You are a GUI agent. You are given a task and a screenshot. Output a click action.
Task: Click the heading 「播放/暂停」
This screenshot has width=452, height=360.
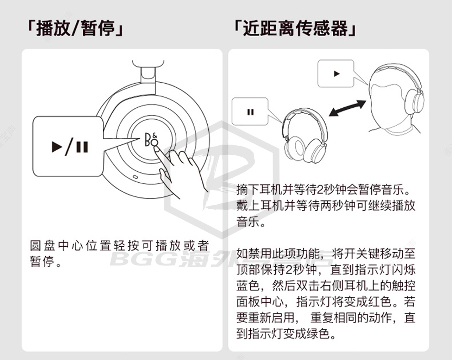pyautogui.click(x=75, y=28)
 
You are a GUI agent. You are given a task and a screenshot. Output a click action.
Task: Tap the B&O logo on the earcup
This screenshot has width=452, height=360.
pyautogui.click(x=151, y=140)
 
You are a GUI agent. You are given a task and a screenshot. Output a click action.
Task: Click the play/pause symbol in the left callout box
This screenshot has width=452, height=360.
pyautogui.click(x=70, y=147)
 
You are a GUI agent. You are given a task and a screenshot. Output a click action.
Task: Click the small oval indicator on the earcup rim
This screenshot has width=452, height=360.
pyautogui.click(x=135, y=176)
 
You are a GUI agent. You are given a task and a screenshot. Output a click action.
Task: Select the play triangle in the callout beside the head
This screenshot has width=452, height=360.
pyautogui.click(x=336, y=74)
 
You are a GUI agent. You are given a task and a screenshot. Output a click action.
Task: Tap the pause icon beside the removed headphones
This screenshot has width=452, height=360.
pyautogui.click(x=251, y=112)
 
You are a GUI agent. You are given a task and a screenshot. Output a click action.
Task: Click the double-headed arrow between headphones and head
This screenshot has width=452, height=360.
pyautogui.click(x=347, y=108)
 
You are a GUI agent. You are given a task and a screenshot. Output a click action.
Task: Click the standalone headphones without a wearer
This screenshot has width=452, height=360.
pyautogui.click(x=304, y=136)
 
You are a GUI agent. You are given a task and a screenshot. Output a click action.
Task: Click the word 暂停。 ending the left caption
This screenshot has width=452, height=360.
pyautogui.click(x=46, y=261)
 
